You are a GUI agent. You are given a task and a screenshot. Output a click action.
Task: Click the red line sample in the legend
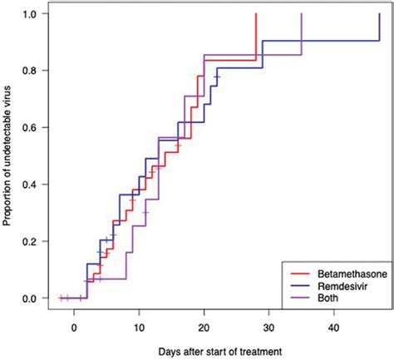pyautogui.click(x=295, y=271)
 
